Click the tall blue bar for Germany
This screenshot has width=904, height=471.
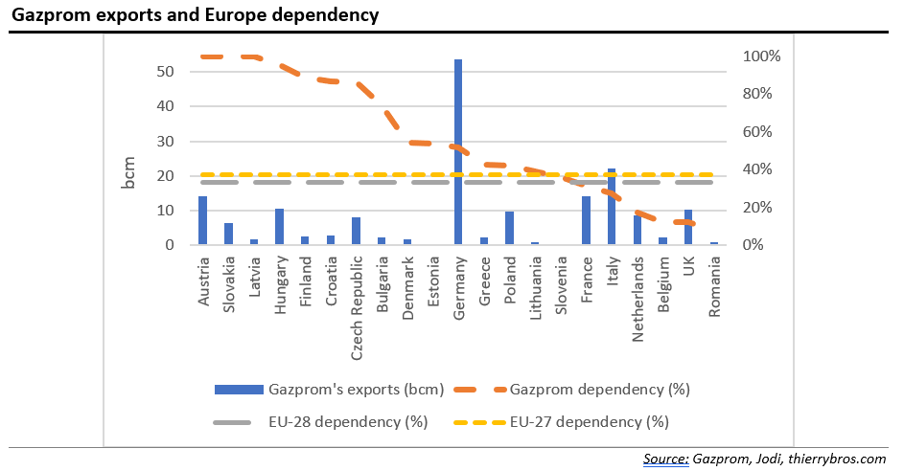[458, 153]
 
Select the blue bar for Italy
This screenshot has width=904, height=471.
[612, 207]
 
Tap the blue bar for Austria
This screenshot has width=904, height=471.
[202, 221]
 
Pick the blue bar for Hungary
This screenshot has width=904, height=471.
[279, 227]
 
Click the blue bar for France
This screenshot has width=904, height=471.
[586, 221]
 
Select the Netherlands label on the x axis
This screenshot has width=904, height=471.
[637, 296]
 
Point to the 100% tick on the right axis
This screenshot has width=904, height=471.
[762, 56]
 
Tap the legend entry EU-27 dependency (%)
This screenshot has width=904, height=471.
[589, 421]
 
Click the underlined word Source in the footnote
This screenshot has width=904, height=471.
[666, 459]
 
